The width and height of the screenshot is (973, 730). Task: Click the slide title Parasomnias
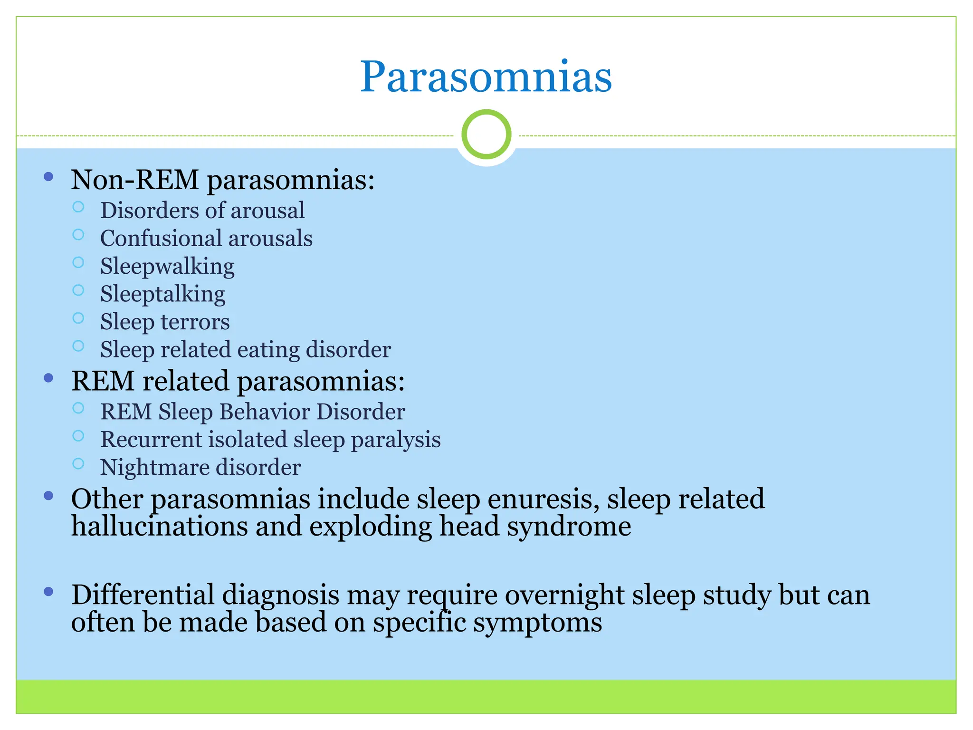486,77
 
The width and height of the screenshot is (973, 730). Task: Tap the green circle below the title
486,134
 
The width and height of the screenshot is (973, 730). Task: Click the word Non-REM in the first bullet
134,180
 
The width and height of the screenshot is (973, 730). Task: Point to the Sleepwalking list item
167,266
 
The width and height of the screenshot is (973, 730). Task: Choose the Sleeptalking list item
162,294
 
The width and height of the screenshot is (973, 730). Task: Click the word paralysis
396,440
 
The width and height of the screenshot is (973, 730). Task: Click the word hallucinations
160,527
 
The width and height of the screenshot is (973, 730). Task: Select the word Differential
143,595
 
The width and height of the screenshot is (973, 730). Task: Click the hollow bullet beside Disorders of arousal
78,207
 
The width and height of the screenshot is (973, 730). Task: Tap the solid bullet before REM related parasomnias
48,379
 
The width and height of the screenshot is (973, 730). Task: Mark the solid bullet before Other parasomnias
48,496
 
